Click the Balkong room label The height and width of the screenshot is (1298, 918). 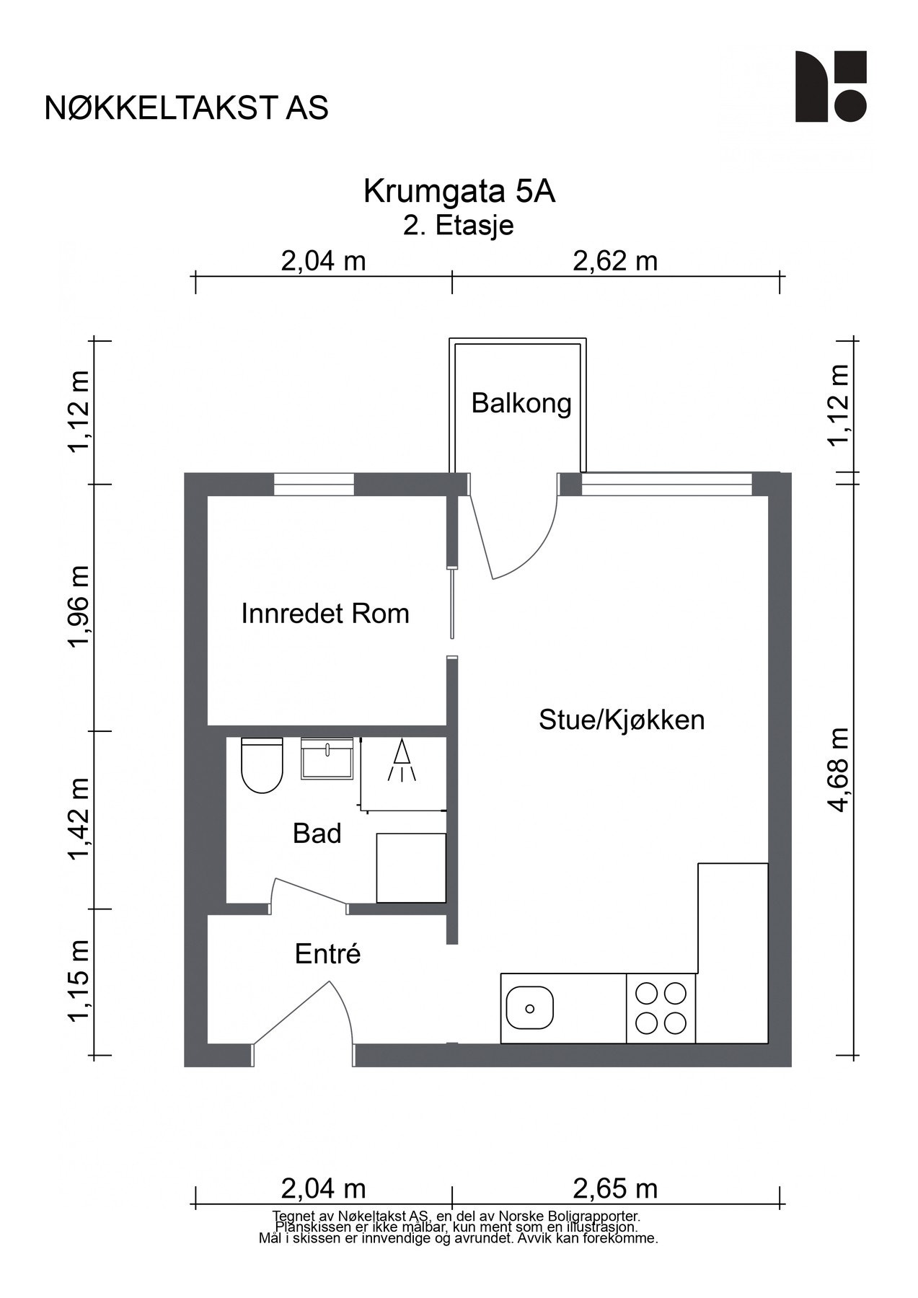[521, 403]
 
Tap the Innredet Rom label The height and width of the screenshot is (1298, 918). [325, 614]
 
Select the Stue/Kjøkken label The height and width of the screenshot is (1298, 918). [622, 720]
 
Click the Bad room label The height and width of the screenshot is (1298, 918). [317, 834]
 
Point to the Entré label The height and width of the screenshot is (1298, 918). [327, 954]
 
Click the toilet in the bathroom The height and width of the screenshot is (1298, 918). [261, 766]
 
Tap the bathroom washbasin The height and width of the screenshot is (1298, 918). [327, 759]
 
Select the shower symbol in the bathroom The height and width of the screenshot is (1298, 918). [402, 761]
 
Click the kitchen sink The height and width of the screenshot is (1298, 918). [529, 1008]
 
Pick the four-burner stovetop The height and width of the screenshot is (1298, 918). [661, 1008]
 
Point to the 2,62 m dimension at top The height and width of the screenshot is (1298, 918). [615, 260]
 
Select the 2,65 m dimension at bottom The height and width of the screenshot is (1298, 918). [615, 1188]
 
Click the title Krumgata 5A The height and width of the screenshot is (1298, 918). [459, 192]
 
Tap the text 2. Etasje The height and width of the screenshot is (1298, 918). [459, 225]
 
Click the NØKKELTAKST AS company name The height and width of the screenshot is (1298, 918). [187, 108]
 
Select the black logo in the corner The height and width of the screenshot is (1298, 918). [831, 87]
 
